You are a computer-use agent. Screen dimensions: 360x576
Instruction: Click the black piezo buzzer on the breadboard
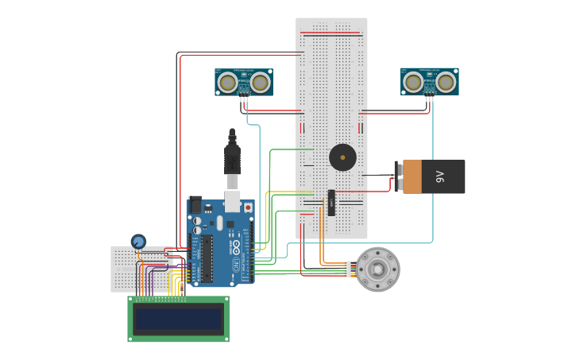tap(342, 157)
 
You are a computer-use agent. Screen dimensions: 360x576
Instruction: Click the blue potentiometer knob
tap(138, 241)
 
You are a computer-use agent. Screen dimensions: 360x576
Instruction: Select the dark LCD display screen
tap(178, 319)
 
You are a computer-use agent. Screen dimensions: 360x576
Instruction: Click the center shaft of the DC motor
tap(377, 269)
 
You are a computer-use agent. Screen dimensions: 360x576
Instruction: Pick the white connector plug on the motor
tap(347, 269)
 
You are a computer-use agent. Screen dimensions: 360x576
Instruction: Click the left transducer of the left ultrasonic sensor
tap(227, 82)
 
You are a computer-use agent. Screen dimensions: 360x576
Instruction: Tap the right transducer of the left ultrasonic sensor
tap(261, 82)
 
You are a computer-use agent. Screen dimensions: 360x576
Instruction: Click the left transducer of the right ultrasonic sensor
tap(413, 81)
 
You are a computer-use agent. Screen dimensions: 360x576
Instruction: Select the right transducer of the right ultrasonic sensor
tap(446, 81)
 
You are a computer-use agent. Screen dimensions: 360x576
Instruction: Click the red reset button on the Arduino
tap(248, 207)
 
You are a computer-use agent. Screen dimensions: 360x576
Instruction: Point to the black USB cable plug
tap(232, 159)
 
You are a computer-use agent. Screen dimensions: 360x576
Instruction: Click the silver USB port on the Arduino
tap(232, 200)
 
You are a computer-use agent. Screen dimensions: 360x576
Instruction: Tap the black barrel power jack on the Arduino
tap(195, 205)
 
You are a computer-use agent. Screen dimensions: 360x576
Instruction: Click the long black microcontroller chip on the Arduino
tap(207, 258)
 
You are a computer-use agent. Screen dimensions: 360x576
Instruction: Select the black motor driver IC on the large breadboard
tap(331, 203)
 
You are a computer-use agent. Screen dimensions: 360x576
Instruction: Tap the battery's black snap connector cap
tap(398, 176)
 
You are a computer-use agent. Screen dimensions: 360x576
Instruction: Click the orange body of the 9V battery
tap(412, 176)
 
